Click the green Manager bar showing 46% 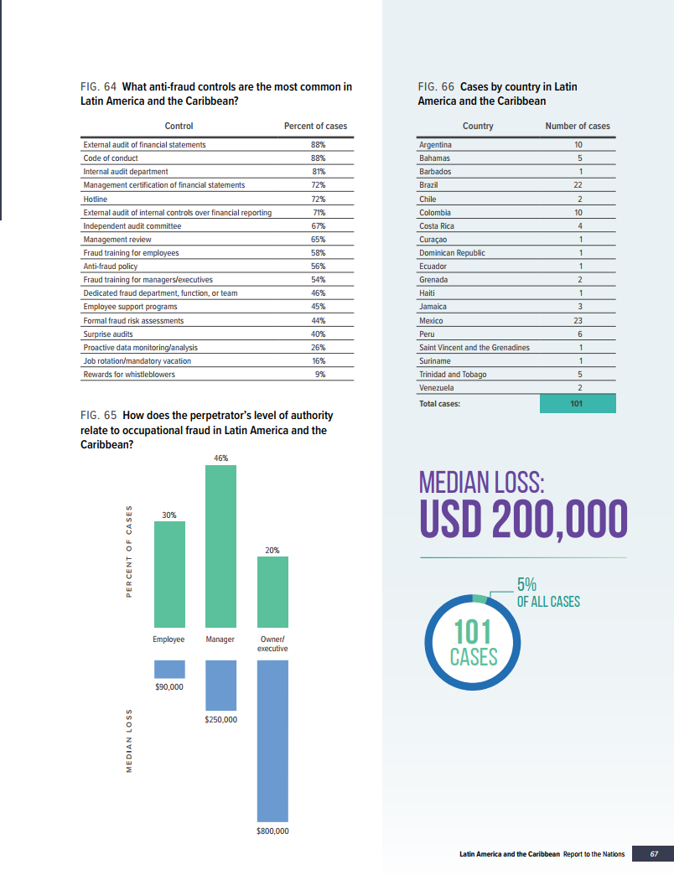point(220,546)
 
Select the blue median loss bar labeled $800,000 point(272,738)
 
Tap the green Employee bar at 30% point(169,574)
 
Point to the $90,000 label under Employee point(169,687)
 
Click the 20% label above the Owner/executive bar point(272,550)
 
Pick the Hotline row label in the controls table point(96,199)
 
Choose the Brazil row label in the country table point(428,185)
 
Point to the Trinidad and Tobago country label point(453,374)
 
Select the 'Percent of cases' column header point(315,126)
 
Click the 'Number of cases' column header point(578,126)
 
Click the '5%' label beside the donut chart point(526,585)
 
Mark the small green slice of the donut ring point(480,598)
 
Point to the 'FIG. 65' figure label point(99,415)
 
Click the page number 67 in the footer point(655,854)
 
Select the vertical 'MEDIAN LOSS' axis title point(128,743)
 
